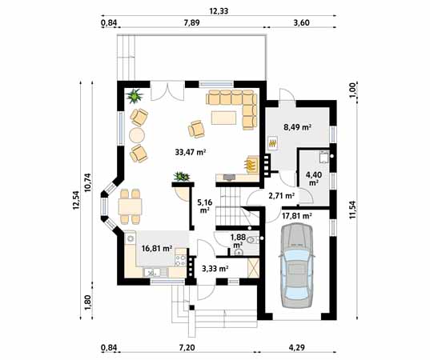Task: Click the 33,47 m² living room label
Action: (x=191, y=152)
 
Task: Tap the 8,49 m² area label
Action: (x=297, y=127)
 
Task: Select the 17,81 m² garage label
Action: (x=297, y=216)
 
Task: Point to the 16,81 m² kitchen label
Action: (x=157, y=249)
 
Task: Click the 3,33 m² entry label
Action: (x=215, y=269)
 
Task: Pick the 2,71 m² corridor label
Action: (x=281, y=196)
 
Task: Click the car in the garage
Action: (x=297, y=266)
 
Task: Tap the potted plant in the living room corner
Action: (x=135, y=96)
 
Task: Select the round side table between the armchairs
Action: (x=137, y=135)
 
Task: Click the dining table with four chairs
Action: (x=130, y=206)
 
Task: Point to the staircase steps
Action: (x=228, y=206)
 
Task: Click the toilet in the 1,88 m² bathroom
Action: (x=251, y=240)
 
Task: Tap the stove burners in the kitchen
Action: (x=180, y=260)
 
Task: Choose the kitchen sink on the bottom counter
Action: (x=152, y=272)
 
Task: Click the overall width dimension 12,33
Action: (x=219, y=11)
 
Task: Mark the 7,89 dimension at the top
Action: (x=191, y=22)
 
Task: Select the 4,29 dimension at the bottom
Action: (x=297, y=348)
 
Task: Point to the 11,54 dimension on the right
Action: (x=352, y=210)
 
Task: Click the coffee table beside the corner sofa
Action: (x=223, y=118)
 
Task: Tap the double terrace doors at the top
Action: (x=167, y=90)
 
